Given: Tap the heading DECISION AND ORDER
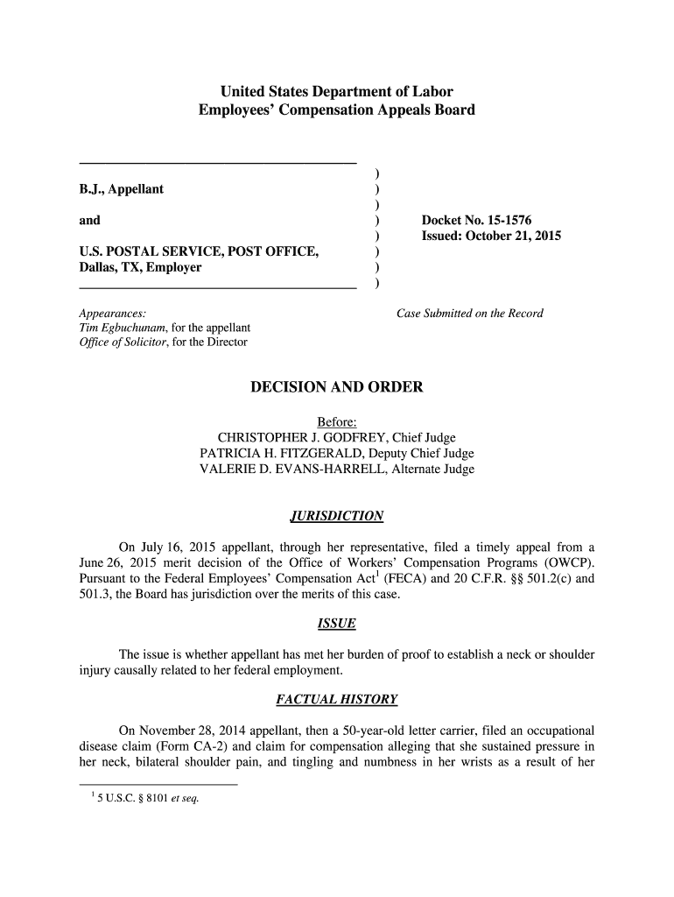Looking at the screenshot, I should pos(337,387).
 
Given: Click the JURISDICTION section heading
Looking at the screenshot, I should pos(337,516).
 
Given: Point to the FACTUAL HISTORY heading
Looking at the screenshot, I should pos(337,699).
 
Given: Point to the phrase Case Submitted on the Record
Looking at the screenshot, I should pos(470,313).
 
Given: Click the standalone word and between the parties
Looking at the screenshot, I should pos(89,221).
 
